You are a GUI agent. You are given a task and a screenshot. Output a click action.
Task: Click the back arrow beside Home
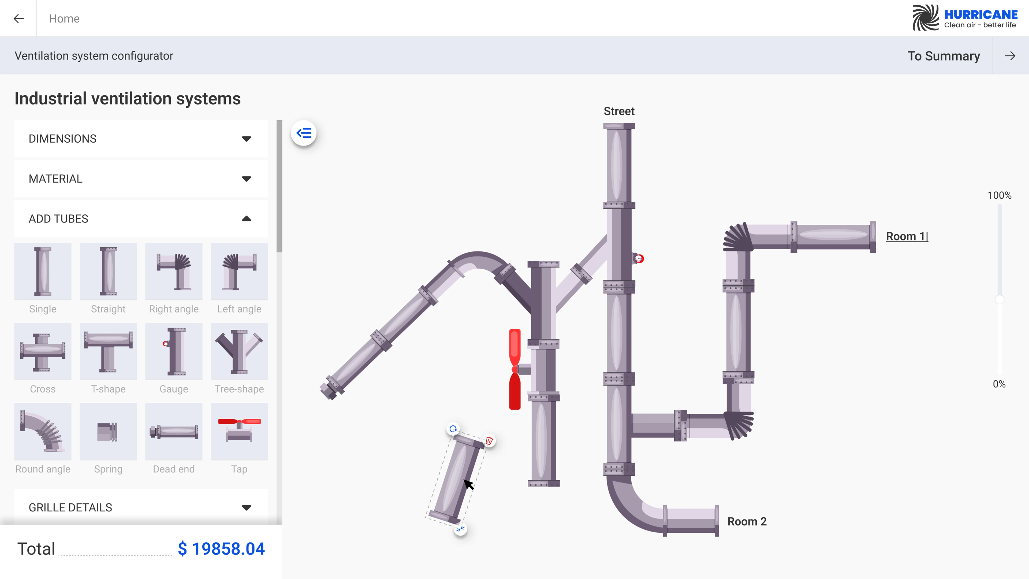[x=18, y=18]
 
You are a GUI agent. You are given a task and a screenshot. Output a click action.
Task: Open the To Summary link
[x=943, y=56]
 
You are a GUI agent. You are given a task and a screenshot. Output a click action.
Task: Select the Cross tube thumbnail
[x=43, y=352]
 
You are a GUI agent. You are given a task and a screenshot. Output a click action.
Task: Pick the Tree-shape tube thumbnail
[x=239, y=352]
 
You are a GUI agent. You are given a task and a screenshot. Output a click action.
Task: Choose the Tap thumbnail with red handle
[x=239, y=432]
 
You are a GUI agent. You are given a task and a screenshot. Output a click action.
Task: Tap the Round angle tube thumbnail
[x=43, y=432]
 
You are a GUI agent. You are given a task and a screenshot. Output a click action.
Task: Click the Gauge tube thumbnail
[x=173, y=352]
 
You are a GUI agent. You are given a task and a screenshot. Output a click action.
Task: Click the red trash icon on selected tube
[x=489, y=441]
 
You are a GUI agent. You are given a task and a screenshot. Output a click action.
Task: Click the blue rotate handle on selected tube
[x=453, y=429]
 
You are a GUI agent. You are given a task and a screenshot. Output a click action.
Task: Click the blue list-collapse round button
[x=304, y=133]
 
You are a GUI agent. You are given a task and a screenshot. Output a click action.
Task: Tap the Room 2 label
[x=747, y=521]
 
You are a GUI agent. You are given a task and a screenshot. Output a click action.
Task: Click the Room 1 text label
[x=906, y=236]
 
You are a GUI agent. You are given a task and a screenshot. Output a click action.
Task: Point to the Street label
[x=619, y=111]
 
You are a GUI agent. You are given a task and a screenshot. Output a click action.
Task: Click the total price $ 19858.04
[x=221, y=549]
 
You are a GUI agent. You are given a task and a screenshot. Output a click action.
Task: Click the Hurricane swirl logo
[x=925, y=18]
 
